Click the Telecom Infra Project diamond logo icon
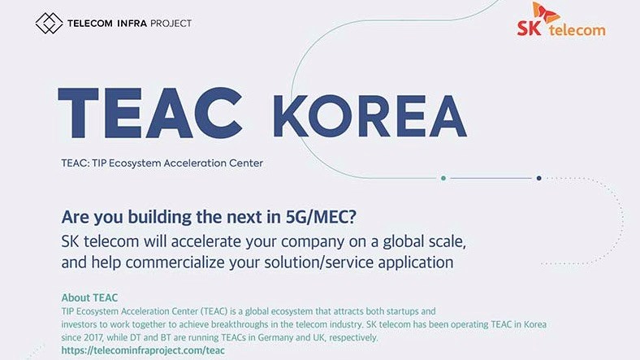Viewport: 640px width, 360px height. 49,23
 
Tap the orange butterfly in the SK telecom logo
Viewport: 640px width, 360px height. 545,13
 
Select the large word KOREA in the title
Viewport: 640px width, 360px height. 370,116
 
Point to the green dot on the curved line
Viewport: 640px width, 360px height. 443,178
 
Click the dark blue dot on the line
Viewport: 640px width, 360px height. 538,178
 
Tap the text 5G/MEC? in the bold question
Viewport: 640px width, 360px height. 321,217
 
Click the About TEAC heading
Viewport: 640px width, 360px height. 89,297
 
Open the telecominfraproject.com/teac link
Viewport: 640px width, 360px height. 143,350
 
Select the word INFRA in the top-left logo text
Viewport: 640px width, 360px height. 132,24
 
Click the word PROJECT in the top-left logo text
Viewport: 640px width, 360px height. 171,24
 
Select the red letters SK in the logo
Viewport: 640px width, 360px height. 530,28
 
